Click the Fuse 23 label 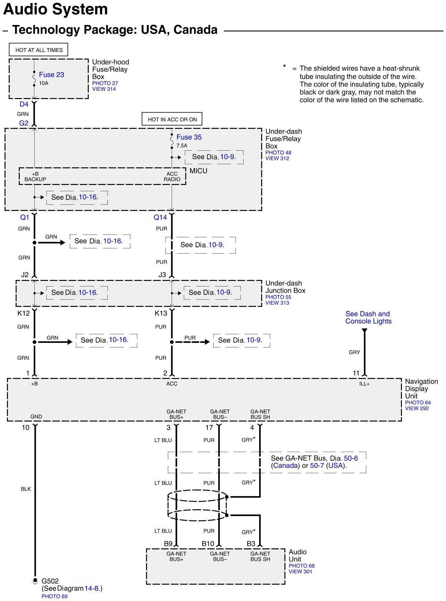tap(51, 74)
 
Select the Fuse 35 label tap(189, 137)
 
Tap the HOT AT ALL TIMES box tap(38, 50)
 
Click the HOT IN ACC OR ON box tap(172, 119)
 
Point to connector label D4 tap(24, 104)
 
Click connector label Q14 tap(160, 217)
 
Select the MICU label tap(198, 171)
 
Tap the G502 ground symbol tap(35, 581)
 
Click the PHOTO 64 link tap(418, 403)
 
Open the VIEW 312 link tap(277, 158)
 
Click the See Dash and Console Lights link tap(368, 317)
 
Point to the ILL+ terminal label tap(364, 384)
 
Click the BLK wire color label tap(26, 489)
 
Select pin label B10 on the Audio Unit tap(208, 543)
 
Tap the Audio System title tap(55, 9)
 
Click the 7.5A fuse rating tap(182, 145)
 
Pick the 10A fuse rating tap(44, 83)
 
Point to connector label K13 tap(161, 313)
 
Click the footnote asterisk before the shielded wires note tap(284, 66)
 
